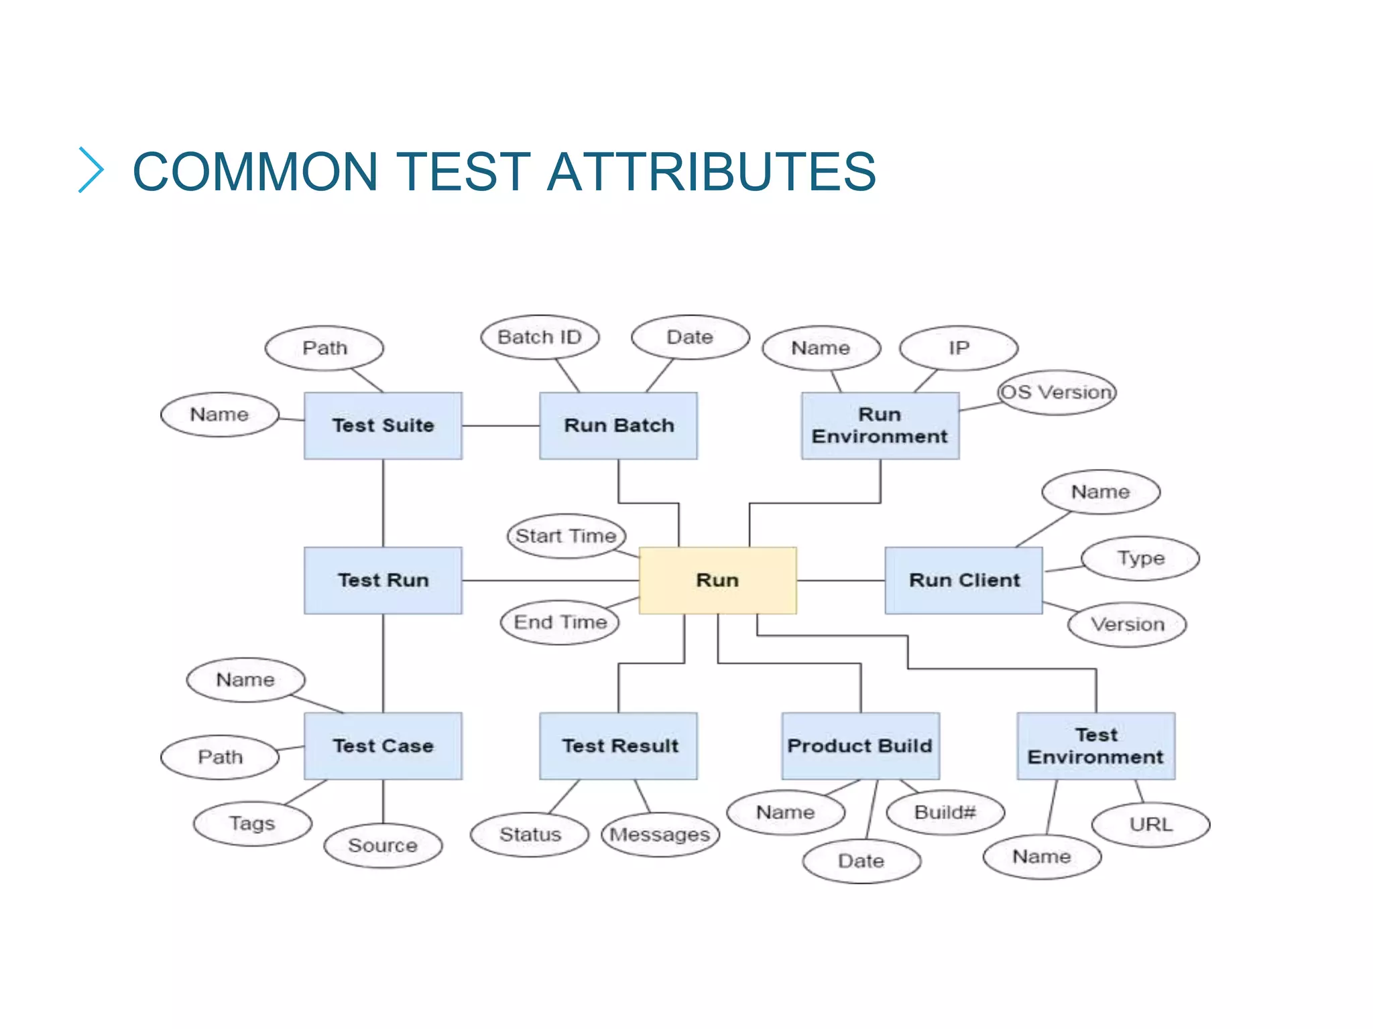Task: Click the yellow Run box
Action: point(717,580)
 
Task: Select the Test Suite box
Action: point(383,425)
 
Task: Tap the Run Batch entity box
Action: point(618,425)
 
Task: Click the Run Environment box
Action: point(880,425)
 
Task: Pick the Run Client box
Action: point(963,580)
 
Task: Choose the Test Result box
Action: point(618,746)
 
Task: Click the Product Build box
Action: point(860,746)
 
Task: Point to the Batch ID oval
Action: point(540,337)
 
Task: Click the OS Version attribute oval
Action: point(1057,392)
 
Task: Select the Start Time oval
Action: point(566,536)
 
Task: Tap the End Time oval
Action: point(560,622)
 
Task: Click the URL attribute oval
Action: point(1150,824)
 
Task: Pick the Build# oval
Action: point(945,813)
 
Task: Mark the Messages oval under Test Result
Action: point(660,835)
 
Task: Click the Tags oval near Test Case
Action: point(252,823)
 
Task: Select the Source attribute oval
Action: point(383,845)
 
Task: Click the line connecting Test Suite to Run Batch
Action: point(500,425)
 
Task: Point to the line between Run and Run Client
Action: point(841,580)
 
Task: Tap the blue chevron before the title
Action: point(91,170)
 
